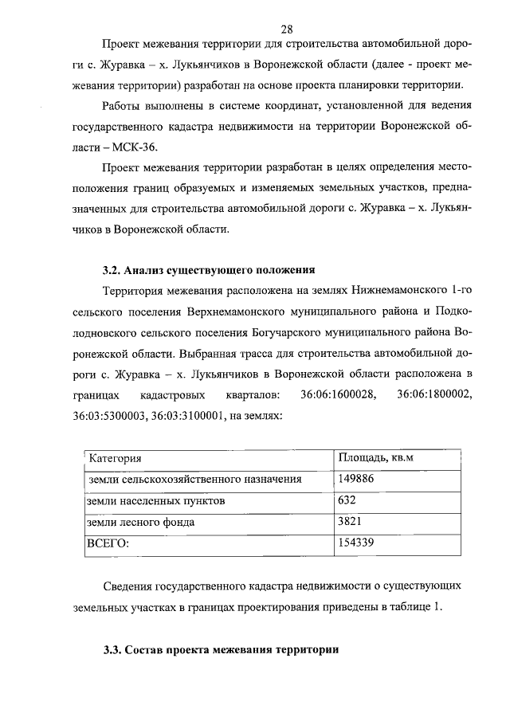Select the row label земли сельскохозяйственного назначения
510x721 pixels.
point(195,480)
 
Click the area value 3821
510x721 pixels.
point(351,523)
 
